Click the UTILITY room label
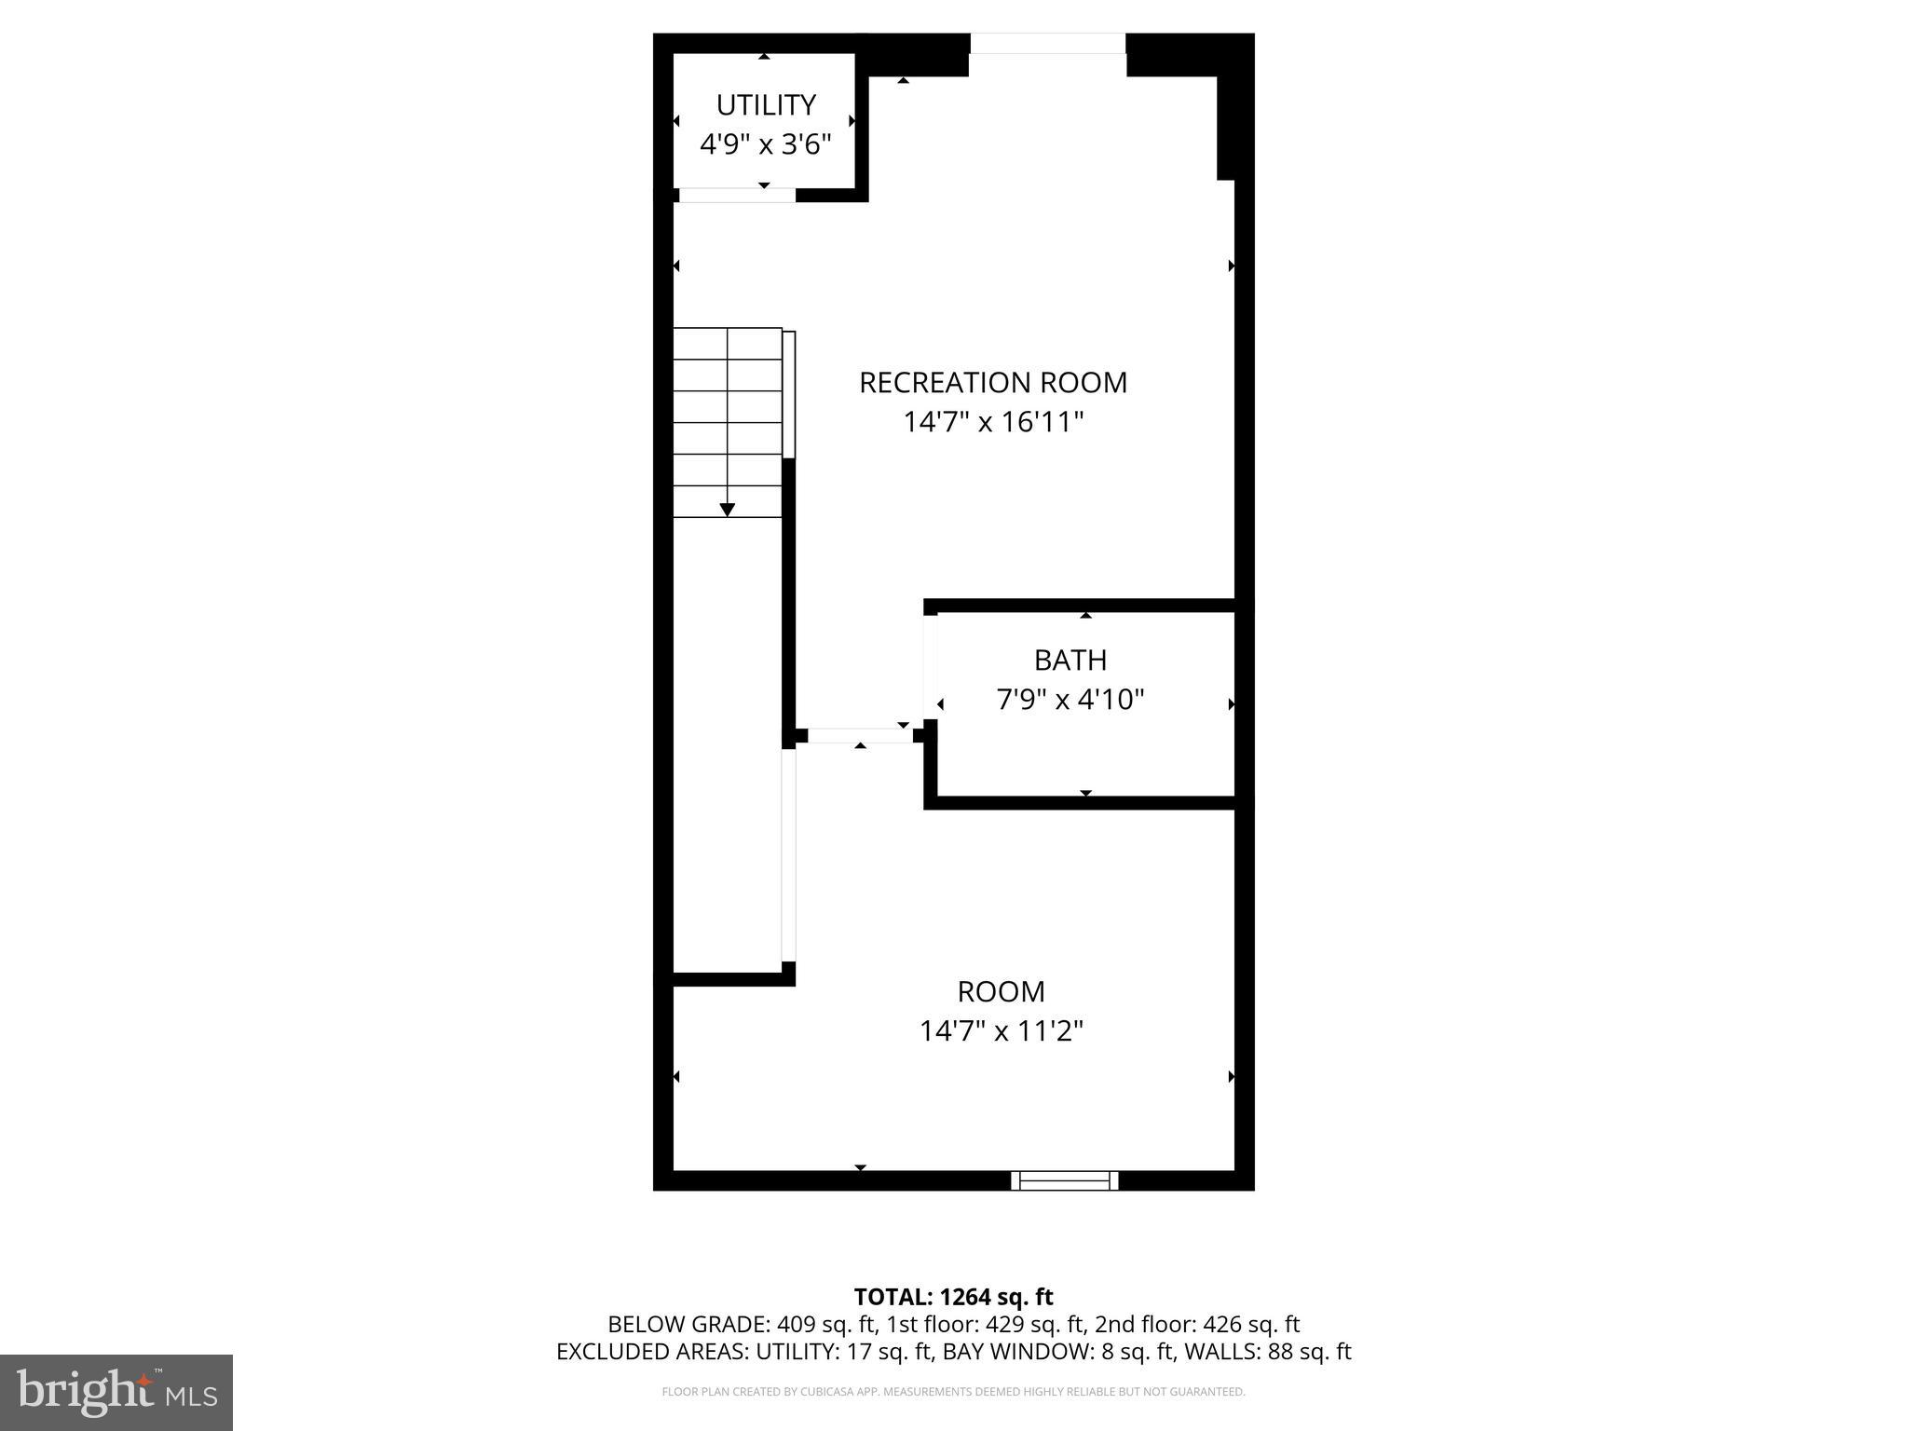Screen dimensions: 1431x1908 click(x=766, y=104)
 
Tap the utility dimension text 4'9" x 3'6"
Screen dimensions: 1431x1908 click(x=766, y=144)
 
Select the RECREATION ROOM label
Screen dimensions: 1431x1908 click(x=993, y=383)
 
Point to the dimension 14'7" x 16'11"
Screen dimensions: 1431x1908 click(x=993, y=423)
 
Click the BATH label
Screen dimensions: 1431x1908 click(x=1070, y=661)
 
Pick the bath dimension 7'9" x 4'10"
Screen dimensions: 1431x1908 click(x=1070, y=700)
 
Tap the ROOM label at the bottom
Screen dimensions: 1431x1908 click(x=1002, y=991)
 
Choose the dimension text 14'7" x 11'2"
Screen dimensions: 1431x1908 click(x=1002, y=1031)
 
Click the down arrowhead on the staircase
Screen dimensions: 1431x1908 click(x=728, y=510)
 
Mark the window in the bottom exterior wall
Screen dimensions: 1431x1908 click(x=1065, y=1181)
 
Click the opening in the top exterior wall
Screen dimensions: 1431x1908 click(x=1048, y=44)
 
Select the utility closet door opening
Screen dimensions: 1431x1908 click(x=737, y=195)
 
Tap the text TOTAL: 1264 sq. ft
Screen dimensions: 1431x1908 click(x=953, y=1297)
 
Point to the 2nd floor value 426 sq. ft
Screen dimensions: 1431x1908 click(x=1251, y=1325)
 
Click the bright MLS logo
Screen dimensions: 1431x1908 click(x=116, y=1392)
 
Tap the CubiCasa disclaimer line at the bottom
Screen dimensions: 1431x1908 click(x=953, y=1392)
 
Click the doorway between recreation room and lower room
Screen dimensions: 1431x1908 click(x=860, y=735)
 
